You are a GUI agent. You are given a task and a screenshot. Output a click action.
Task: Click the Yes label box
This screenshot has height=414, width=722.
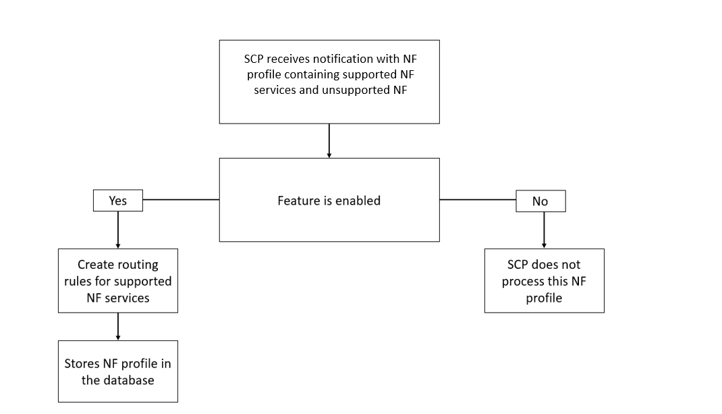[117, 201]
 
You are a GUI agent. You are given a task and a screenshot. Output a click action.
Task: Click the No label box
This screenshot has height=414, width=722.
[540, 201]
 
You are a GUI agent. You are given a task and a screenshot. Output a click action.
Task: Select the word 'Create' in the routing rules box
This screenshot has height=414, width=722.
[96, 265]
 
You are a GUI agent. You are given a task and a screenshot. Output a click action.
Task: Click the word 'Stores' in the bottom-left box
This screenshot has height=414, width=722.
[82, 364]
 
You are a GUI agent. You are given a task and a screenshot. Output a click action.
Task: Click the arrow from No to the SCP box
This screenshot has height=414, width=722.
[544, 230]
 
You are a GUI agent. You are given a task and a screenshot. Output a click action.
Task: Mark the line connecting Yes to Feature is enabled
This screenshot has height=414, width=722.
[181, 200]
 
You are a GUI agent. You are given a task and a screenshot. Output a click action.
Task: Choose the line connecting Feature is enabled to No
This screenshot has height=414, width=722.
[478, 200]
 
